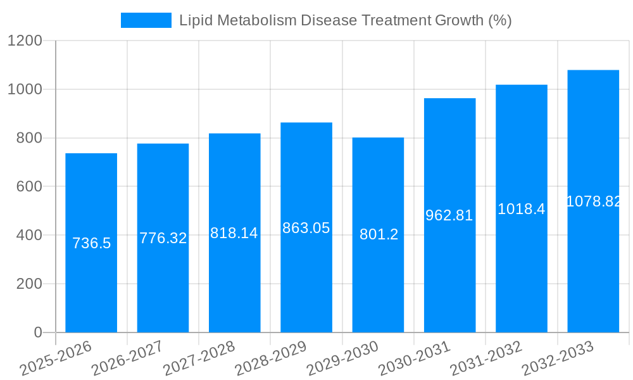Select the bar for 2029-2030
[378, 285]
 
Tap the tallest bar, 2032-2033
[593, 266]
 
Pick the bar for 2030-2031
[449, 279]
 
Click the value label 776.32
[163, 239]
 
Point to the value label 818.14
[234, 233]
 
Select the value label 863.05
[306, 228]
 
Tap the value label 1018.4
[521, 209]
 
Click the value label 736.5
[92, 243]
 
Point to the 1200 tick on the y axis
[25, 41]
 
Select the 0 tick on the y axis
[38, 332]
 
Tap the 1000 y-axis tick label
[25, 90]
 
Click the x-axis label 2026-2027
[127, 358]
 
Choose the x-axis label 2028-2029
[271, 358]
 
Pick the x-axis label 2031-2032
[486, 358]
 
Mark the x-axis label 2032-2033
[557, 358]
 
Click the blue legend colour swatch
[146, 20]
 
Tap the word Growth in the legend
[459, 20]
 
